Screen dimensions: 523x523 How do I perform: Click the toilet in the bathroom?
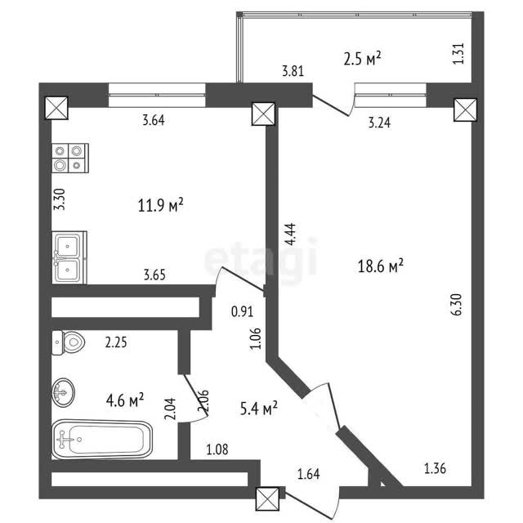tap(69, 342)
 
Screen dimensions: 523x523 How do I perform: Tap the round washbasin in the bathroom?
tap(64, 392)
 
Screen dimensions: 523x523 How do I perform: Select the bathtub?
tap(102, 440)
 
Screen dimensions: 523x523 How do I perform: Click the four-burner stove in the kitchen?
tap(70, 158)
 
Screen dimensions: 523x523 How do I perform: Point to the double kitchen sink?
tap(69, 257)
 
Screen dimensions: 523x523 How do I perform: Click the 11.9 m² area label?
tap(161, 205)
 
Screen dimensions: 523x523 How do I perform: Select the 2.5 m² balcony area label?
tap(362, 60)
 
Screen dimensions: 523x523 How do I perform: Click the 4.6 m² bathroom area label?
tap(125, 400)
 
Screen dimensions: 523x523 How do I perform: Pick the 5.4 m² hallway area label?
tap(259, 408)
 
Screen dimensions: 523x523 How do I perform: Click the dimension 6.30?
tap(457, 304)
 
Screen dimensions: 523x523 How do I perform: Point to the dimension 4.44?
tap(291, 235)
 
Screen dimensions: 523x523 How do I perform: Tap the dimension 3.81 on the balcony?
tap(293, 71)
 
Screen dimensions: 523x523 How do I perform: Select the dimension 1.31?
tap(458, 53)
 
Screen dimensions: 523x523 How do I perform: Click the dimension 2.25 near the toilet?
tap(116, 342)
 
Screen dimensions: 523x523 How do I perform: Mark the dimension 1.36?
tap(435, 468)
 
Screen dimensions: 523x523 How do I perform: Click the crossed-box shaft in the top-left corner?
tap(56, 108)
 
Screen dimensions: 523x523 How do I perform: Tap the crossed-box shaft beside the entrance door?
tap(267, 498)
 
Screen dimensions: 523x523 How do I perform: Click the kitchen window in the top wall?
tap(157, 95)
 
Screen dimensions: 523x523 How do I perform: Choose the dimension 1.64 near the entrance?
tap(309, 474)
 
